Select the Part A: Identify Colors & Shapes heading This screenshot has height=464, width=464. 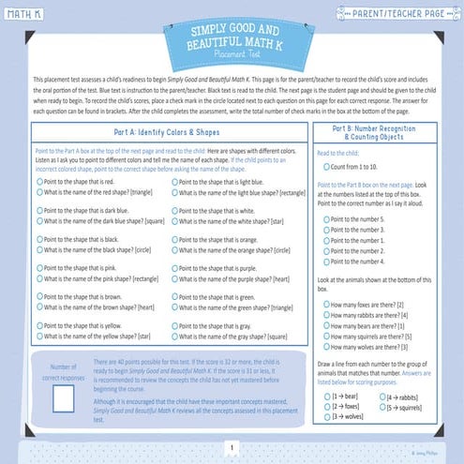169,133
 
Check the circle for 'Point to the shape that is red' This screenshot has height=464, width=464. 39,180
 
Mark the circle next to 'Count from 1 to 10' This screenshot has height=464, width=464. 324,165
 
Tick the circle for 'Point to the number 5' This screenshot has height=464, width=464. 324,217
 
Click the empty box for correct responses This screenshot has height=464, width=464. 64,401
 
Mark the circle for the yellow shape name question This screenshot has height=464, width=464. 39,336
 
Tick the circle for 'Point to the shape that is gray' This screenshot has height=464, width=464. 173,325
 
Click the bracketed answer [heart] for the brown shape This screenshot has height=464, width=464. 140,307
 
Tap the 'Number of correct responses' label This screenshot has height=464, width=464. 64,373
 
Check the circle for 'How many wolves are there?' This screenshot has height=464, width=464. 324,346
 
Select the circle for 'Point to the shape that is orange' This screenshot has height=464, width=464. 173,239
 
